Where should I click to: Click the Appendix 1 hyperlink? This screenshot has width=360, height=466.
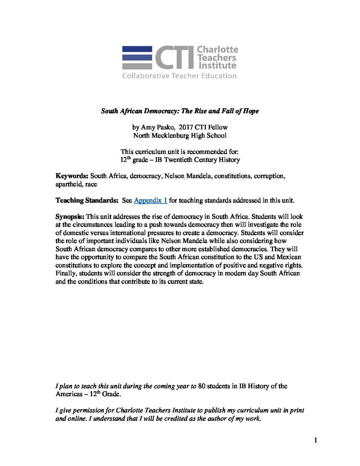151,200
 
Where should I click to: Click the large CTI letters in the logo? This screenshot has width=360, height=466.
175,58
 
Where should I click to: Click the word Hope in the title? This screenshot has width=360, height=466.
251,111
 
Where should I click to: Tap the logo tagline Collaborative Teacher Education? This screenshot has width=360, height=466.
180,76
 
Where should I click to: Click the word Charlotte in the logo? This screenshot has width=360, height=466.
217,50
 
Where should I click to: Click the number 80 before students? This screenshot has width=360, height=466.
202,386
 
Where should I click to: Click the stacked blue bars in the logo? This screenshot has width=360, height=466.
137,58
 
